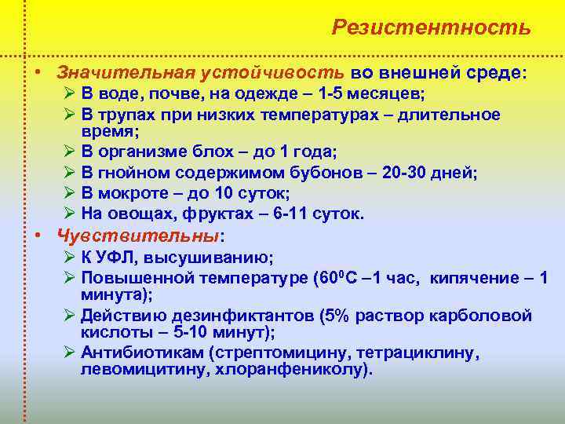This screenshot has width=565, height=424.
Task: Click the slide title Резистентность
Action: (431, 27)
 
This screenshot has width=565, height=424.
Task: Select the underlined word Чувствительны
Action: (138, 235)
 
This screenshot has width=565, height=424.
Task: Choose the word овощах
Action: (137, 214)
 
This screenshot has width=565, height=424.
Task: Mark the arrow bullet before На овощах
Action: (67, 214)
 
